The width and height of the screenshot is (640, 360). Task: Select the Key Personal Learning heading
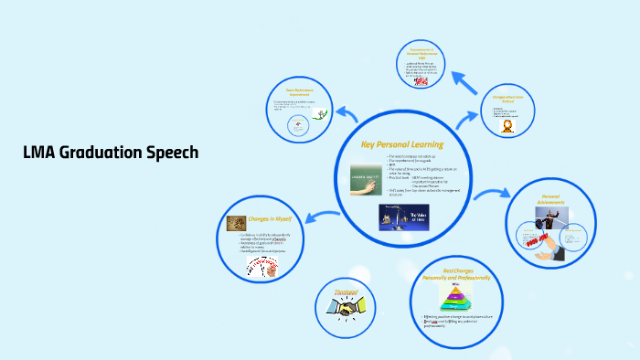tap(401, 144)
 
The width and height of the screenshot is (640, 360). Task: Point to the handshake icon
tap(347, 310)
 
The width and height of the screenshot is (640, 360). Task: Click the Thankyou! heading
tap(347, 291)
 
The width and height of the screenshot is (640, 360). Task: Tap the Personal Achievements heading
tap(549, 198)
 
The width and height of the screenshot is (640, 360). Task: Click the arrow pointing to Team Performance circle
tap(347, 114)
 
